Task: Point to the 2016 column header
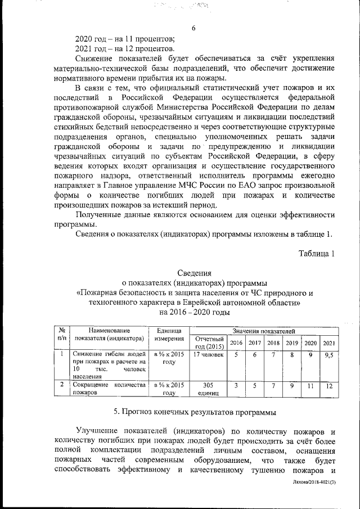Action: [x=237, y=343]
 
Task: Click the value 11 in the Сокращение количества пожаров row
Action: [x=311, y=386]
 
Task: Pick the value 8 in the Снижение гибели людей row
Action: [x=292, y=355]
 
